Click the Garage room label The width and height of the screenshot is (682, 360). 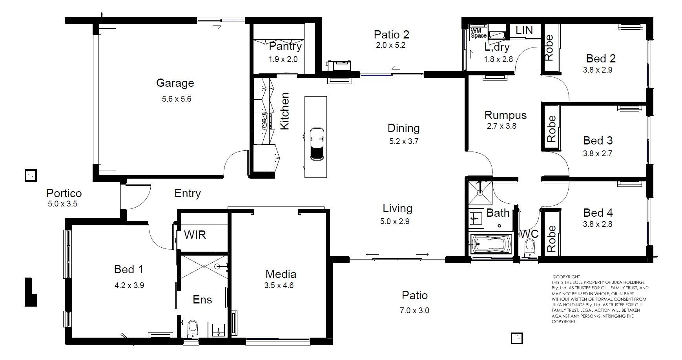coord(175,83)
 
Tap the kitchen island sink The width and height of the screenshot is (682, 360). coord(317,144)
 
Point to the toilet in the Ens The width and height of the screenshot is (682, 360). coord(193,329)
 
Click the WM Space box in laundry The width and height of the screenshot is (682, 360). coord(478,33)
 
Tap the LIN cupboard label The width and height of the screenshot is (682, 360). coord(524,30)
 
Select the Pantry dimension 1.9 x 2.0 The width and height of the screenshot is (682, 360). coord(283,60)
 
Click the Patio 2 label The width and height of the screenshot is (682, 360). coord(391,35)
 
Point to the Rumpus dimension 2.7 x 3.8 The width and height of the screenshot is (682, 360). coord(501,126)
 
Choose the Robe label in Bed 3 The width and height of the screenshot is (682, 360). coord(551,129)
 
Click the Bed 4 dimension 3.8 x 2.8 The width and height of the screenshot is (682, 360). coord(598,224)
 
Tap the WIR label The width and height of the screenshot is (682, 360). coord(195,235)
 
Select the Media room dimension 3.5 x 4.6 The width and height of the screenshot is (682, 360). coord(279,285)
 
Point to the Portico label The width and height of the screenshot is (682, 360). coord(64,193)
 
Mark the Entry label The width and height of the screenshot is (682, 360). coord(188,193)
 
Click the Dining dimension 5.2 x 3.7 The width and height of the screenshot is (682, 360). coord(404,141)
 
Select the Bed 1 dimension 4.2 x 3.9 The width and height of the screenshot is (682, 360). coord(129,285)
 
